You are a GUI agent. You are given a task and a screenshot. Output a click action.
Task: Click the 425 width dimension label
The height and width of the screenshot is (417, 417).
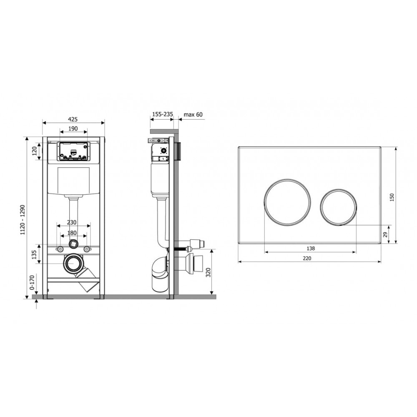point(73,119)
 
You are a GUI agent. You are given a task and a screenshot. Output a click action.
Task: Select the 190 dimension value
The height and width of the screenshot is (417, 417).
point(73,129)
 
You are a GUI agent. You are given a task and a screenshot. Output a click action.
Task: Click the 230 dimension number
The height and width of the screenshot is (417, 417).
point(72,222)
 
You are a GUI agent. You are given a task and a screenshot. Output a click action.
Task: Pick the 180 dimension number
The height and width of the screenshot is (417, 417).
point(72,233)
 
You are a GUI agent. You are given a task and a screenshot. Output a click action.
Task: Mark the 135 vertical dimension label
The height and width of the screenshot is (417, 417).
point(34,254)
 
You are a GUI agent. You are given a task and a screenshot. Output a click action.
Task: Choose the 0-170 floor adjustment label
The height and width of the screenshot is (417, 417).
point(32,282)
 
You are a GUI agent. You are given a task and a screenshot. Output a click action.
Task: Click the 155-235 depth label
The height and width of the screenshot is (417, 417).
point(162,114)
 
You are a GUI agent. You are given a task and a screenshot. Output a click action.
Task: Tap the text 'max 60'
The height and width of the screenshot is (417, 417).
point(193,114)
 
